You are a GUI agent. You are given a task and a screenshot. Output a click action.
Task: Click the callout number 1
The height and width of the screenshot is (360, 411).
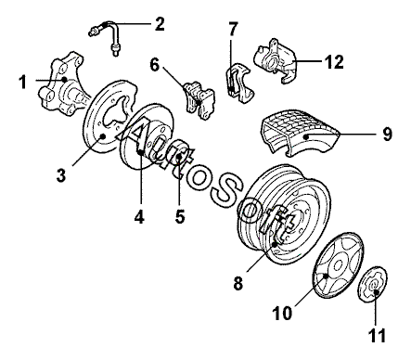[x=22, y=83]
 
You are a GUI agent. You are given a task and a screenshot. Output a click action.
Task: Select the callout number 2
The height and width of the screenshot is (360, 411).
[x=160, y=24]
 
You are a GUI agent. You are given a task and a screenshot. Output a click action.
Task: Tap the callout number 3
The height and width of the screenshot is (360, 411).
[x=61, y=175]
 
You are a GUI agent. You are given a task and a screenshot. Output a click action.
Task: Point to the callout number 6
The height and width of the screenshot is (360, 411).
[x=155, y=65]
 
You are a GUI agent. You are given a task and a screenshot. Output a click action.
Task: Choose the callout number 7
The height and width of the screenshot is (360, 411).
[x=233, y=29]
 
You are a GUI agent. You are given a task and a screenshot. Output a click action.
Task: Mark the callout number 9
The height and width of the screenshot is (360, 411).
[x=387, y=135]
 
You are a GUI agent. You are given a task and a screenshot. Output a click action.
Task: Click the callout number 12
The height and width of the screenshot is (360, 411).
[x=334, y=62]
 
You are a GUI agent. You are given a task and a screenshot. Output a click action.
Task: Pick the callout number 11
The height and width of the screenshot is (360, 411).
[x=377, y=335]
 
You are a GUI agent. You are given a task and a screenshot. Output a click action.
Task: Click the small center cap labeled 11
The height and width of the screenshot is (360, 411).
[x=373, y=283]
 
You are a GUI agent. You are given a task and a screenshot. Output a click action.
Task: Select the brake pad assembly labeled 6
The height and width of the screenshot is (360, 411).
[x=199, y=99]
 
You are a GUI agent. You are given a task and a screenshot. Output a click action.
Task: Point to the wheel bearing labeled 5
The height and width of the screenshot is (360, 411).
[x=179, y=152]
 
